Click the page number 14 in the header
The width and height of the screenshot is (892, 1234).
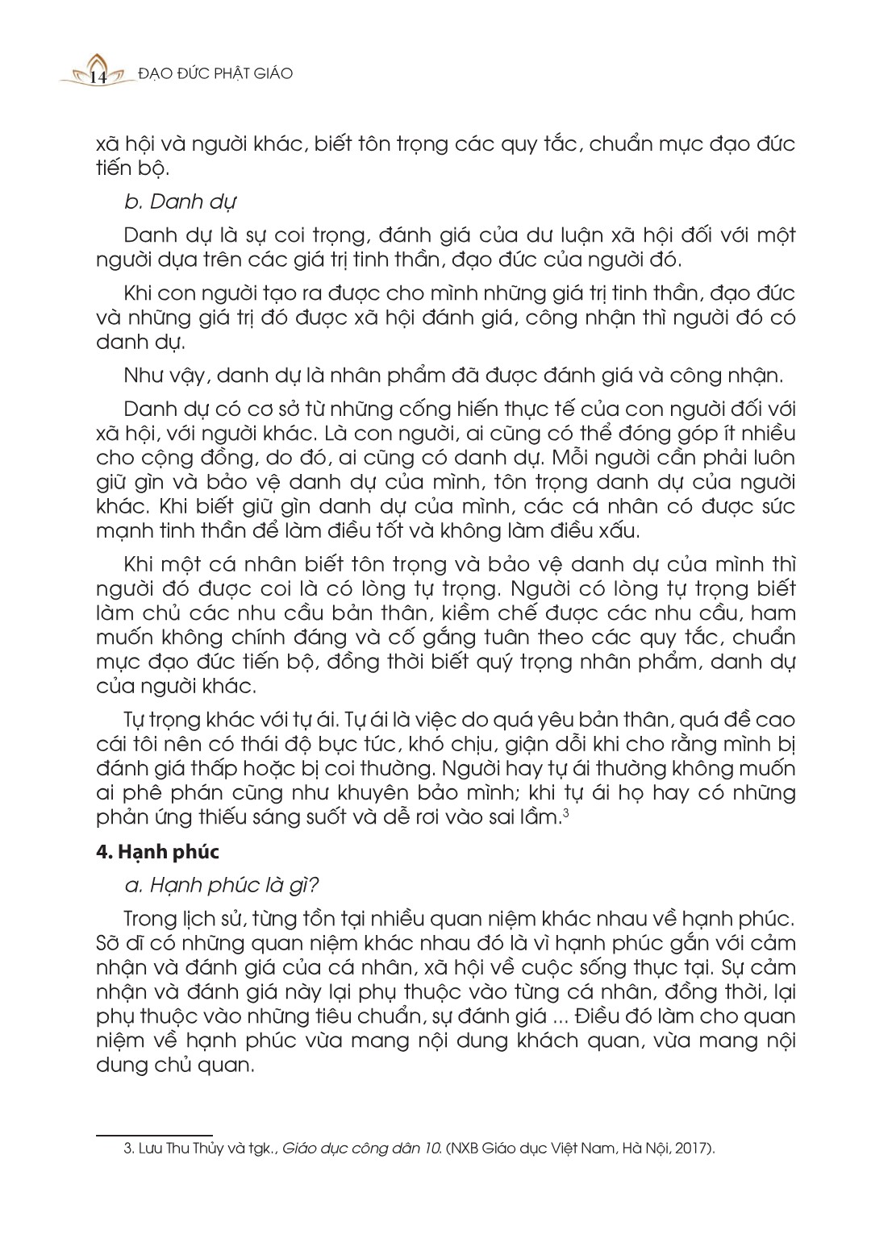(100, 77)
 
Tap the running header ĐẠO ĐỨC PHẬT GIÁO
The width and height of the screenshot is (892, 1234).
(215, 73)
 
